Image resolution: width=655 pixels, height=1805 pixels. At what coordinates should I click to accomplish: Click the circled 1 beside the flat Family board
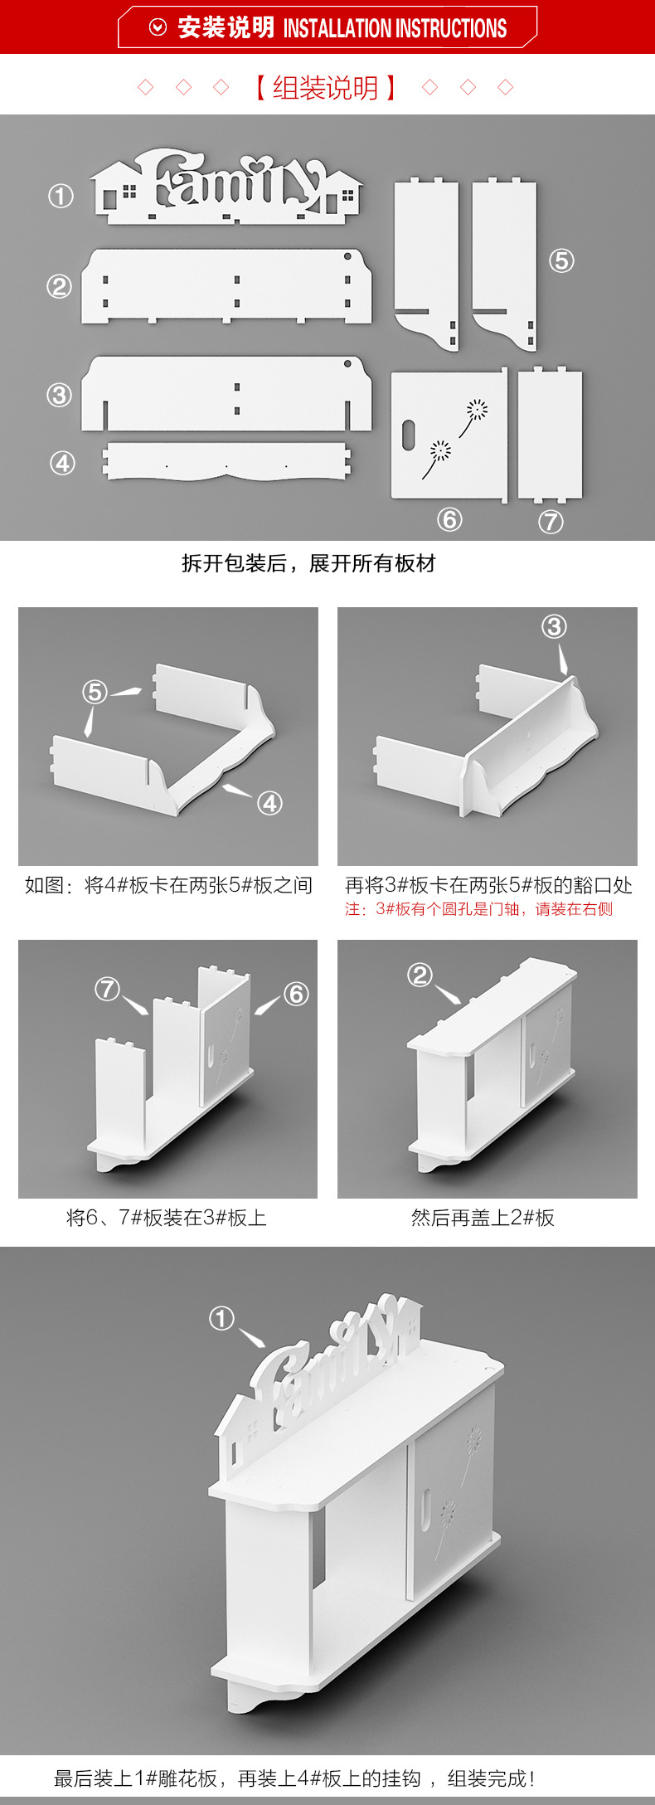click(x=61, y=197)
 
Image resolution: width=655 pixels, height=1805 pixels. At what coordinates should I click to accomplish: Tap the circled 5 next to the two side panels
click(x=561, y=260)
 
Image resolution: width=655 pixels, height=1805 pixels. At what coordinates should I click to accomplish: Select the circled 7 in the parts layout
click(x=551, y=521)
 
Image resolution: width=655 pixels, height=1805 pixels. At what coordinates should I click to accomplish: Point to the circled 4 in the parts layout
click(x=63, y=463)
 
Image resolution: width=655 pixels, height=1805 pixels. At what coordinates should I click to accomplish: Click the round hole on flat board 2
click(x=347, y=257)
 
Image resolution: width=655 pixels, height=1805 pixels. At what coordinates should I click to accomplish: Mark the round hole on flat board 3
click(x=347, y=363)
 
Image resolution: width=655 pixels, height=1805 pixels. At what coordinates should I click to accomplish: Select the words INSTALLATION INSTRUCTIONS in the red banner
click(x=395, y=29)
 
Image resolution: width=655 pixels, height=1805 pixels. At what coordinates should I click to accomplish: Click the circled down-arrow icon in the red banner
click(x=158, y=28)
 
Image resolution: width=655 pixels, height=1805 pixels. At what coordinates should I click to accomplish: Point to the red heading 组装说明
click(x=325, y=88)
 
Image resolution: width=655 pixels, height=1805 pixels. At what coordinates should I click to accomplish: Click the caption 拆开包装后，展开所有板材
click(x=308, y=564)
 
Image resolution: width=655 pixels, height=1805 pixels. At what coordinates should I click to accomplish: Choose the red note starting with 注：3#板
click(x=478, y=909)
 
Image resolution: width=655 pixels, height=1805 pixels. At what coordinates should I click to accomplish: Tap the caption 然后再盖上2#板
click(x=483, y=1218)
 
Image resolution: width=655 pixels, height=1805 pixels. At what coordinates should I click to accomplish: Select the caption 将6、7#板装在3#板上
click(x=167, y=1218)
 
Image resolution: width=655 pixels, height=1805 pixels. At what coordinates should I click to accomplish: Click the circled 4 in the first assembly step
click(x=269, y=803)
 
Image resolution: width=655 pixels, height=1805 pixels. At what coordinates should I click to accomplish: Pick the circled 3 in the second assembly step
click(x=554, y=626)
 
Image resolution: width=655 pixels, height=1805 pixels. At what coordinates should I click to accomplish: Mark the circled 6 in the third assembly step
click(x=296, y=994)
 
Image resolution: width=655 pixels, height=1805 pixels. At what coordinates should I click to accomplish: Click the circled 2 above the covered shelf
click(x=420, y=975)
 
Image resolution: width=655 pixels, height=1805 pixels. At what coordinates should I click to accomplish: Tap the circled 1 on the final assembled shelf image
click(x=221, y=1318)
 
